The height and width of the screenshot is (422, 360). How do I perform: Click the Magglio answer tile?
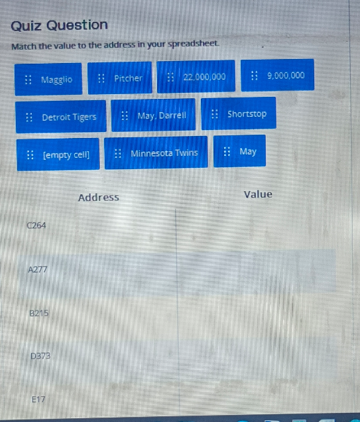(48, 80)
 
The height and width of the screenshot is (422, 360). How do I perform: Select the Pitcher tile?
(120, 78)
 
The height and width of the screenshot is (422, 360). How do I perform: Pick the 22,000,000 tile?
(196, 77)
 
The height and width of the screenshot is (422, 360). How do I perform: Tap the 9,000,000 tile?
(278, 75)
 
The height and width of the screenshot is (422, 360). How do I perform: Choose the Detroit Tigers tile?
(61, 117)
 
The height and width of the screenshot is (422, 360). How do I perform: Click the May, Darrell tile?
(153, 115)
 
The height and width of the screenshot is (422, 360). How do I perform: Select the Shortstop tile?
(239, 113)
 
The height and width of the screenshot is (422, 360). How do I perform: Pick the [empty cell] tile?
(58, 155)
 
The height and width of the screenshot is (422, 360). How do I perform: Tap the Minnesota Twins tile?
(156, 153)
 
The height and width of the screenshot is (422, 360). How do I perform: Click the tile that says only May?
(239, 151)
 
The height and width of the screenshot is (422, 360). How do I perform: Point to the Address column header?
(99, 198)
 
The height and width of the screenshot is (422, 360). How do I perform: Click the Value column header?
(258, 194)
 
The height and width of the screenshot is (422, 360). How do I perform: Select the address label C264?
(36, 225)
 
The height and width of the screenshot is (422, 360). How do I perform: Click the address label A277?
(38, 269)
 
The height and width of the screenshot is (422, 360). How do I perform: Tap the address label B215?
(39, 313)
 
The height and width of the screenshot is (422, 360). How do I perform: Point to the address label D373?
(40, 356)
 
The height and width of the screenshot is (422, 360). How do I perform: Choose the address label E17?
(38, 399)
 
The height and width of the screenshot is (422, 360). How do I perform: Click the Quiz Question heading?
(60, 26)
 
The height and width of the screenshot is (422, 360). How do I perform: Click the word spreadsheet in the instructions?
(193, 44)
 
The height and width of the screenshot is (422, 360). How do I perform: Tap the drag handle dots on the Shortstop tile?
(214, 114)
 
